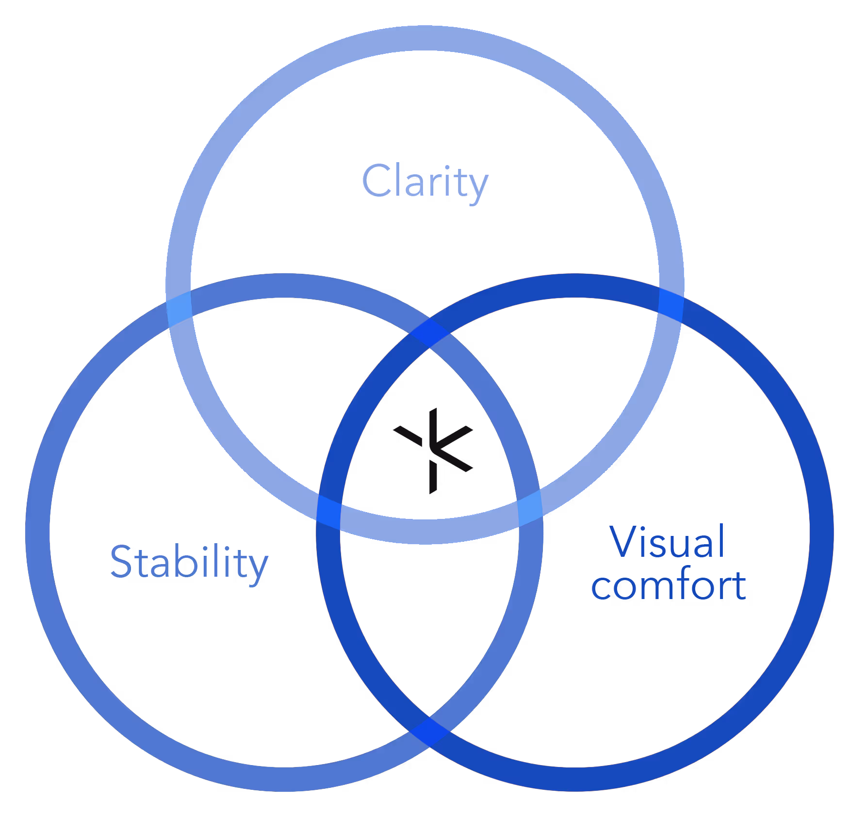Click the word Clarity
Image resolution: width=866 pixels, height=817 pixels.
click(x=425, y=181)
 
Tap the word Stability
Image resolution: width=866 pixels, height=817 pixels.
click(x=189, y=562)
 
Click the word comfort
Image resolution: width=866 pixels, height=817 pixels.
click(x=668, y=585)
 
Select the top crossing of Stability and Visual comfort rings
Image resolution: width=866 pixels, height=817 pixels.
click(x=429, y=333)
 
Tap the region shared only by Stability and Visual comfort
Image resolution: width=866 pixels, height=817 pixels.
click(x=429, y=607)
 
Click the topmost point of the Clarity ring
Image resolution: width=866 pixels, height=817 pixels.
click(x=425, y=38)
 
